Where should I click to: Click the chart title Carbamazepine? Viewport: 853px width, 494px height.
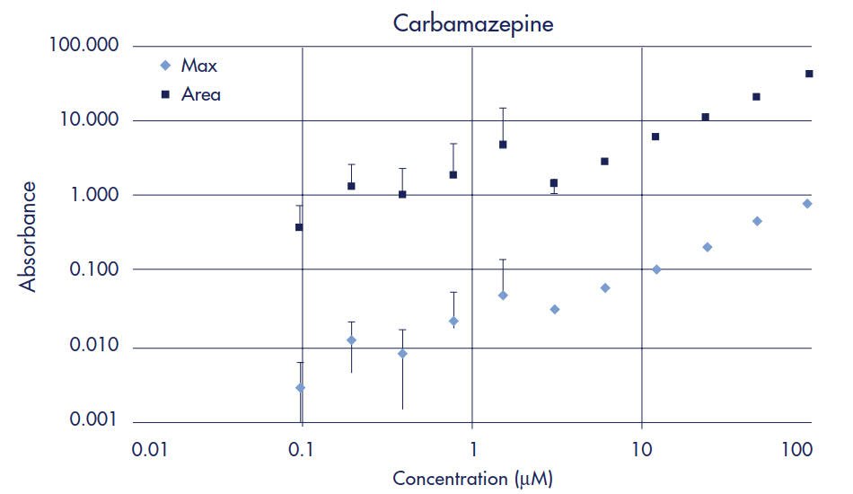pyautogui.click(x=473, y=24)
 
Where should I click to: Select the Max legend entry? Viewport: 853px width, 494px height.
pyautogui.click(x=198, y=66)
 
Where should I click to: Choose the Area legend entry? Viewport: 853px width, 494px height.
pyautogui.click(x=200, y=93)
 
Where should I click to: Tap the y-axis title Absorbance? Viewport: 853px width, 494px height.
pyautogui.click(x=30, y=235)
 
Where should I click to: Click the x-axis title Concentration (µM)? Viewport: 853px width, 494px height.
pyautogui.click(x=473, y=478)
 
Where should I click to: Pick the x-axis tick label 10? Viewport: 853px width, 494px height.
pyautogui.click(x=641, y=447)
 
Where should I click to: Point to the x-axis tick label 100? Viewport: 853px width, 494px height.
pyautogui.click(x=799, y=447)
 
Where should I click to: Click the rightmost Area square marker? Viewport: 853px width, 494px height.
pyautogui.click(x=809, y=74)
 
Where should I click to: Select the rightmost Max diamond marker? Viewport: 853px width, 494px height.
pyautogui.click(x=807, y=204)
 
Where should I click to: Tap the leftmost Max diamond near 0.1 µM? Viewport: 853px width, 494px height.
pyautogui.click(x=300, y=388)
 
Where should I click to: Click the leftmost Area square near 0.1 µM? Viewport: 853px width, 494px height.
pyautogui.click(x=299, y=227)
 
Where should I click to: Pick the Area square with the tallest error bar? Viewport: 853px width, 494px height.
pyautogui.click(x=503, y=145)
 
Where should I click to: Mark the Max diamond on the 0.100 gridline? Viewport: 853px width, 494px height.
pyautogui.click(x=656, y=269)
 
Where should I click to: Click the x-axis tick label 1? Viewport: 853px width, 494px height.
pyautogui.click(x=472, y=447)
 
